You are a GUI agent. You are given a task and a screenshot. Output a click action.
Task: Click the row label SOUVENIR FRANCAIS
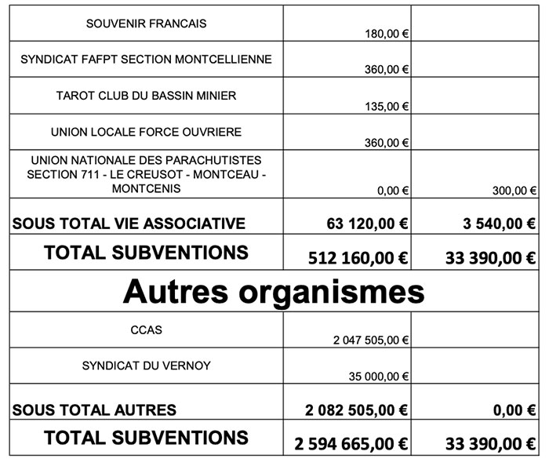(146, 24)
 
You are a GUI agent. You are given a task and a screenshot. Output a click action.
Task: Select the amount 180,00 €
(387, 35)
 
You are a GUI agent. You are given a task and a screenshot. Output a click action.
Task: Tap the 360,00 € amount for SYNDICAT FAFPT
(387, 70)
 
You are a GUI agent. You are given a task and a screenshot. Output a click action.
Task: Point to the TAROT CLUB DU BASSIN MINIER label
(146, 96)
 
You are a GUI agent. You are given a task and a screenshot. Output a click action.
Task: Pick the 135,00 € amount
(387, 107)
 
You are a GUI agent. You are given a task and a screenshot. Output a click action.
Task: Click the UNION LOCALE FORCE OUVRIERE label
(146, 131)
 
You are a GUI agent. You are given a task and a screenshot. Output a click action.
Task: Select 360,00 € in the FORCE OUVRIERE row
(387, 143)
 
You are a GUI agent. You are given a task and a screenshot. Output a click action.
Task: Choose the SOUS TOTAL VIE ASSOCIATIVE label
(129, 224)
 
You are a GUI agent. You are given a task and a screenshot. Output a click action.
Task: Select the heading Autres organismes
(274, 292)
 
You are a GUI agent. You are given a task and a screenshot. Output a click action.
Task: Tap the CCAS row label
(146, 329)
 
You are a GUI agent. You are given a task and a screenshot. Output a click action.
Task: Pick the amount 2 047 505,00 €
(371, 340)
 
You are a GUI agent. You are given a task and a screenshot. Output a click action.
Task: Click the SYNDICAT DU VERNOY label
(146, 366)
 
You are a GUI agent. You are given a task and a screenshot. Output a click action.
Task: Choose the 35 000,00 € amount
(379, 377)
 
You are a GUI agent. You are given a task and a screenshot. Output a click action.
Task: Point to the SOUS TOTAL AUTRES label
(95, 410)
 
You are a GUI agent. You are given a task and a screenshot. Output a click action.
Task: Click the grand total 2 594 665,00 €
(351, 443)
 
